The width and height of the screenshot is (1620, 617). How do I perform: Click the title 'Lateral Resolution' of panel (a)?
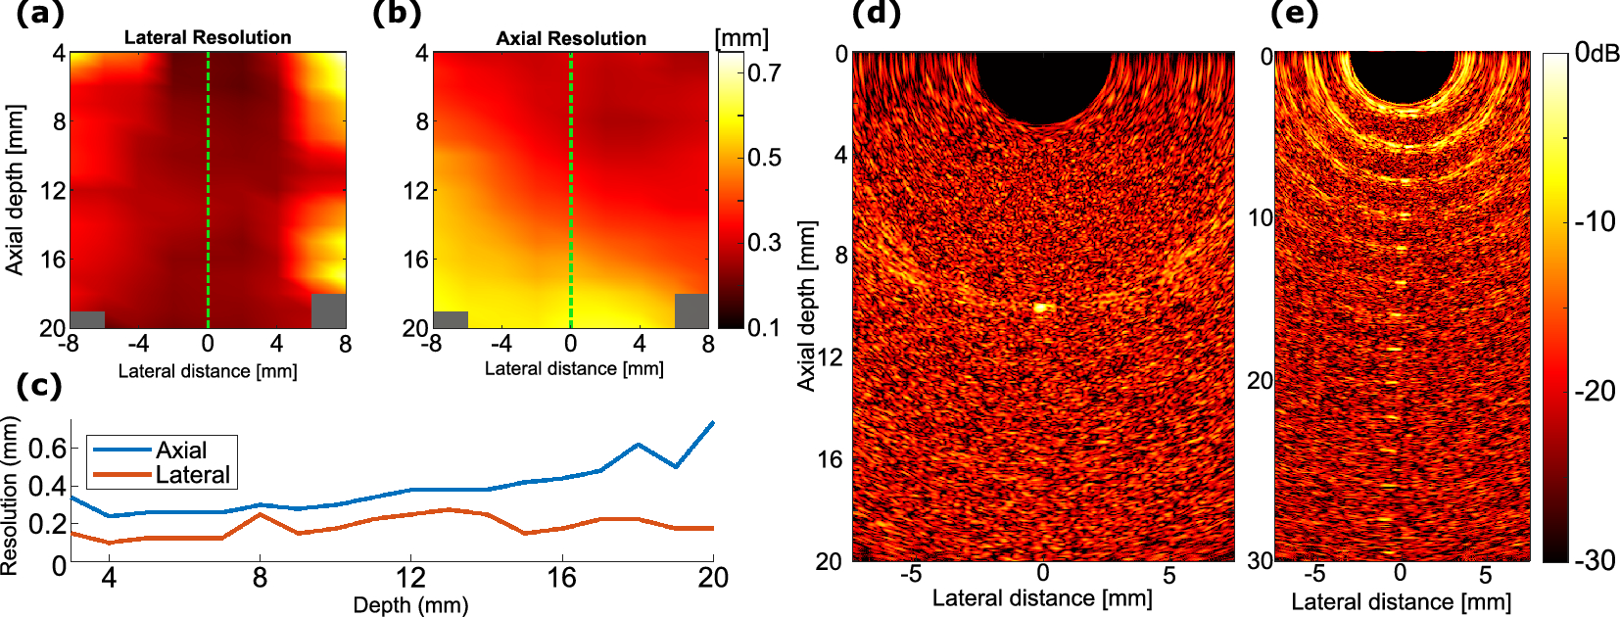point(208,37)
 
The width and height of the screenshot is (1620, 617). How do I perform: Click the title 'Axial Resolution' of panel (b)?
point(571,38)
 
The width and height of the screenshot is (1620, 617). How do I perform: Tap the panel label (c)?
point(39,385)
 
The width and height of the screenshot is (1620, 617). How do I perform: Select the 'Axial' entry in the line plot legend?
point(181,450)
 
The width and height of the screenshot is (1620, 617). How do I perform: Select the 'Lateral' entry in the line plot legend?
point(192,475)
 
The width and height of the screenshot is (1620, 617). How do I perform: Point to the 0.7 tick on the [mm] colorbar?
point(764,72)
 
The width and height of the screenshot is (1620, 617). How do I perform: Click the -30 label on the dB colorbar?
point(1595,560)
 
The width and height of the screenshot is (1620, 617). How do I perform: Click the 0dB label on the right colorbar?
point(1597,53)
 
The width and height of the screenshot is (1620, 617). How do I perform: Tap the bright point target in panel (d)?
point(1040,308)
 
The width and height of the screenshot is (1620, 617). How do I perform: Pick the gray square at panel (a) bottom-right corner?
point(328,310)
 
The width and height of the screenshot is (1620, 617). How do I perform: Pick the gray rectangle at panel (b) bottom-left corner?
point(451,319)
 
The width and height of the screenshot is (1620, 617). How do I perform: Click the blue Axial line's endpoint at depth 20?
point(713,422)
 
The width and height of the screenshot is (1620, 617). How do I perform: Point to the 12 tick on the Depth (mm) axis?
point(410,578)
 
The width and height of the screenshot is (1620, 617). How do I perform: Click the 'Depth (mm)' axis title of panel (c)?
point(410,604)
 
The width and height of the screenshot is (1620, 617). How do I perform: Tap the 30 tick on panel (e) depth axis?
point(1260,560)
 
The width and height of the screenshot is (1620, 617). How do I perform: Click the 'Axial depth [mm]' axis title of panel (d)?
point(806,306)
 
